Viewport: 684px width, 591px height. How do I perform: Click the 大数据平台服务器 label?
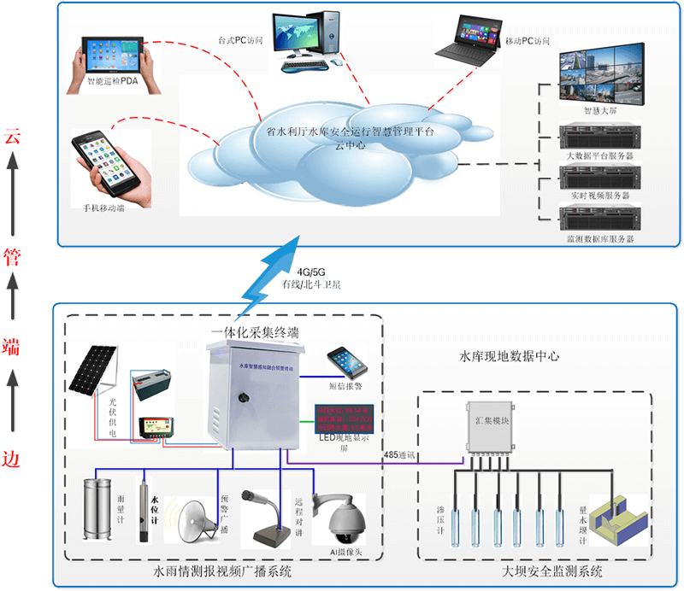599,157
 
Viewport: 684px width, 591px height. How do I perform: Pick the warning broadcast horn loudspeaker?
195,519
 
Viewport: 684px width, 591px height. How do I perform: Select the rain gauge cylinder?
97,511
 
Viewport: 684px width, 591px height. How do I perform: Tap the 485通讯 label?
401,454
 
